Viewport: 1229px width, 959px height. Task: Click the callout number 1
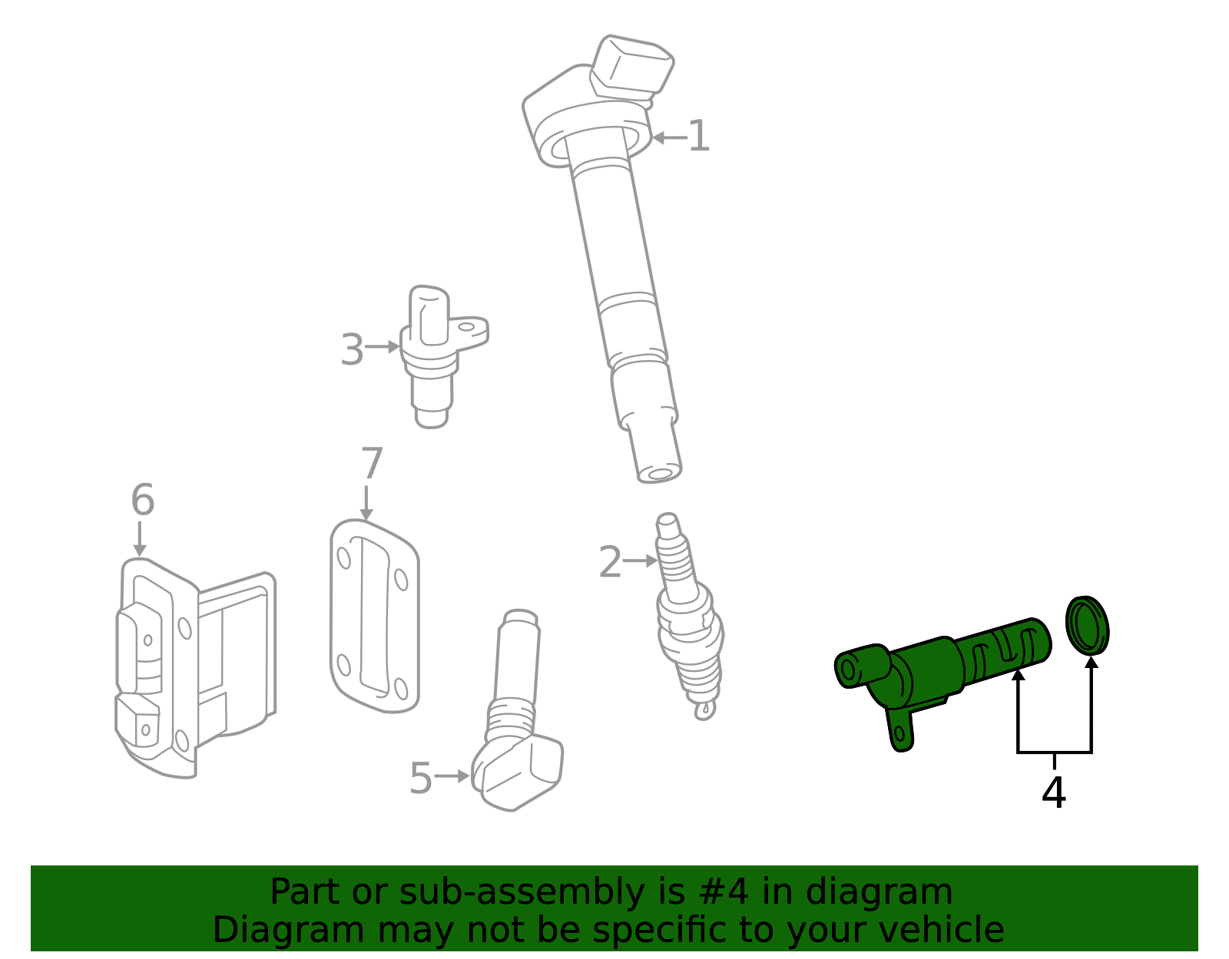pos(698,137)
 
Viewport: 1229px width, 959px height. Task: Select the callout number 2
pos(609,562)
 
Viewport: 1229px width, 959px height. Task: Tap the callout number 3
pos(351,349)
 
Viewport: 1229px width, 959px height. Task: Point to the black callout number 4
pos(1053,792)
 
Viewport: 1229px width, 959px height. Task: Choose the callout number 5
pos(420,778)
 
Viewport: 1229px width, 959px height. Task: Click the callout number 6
pos(142,500)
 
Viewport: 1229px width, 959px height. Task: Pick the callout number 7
pos(372,464)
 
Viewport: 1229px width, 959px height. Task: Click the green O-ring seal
pos(1087,625)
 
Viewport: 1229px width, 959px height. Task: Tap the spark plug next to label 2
pos(689,622)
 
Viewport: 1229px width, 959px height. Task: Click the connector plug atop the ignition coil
pos(631,68)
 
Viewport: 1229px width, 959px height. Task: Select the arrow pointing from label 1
pos(668,138)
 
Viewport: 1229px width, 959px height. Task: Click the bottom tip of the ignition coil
pos(659,470)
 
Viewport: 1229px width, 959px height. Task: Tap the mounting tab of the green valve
pos(899,729)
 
